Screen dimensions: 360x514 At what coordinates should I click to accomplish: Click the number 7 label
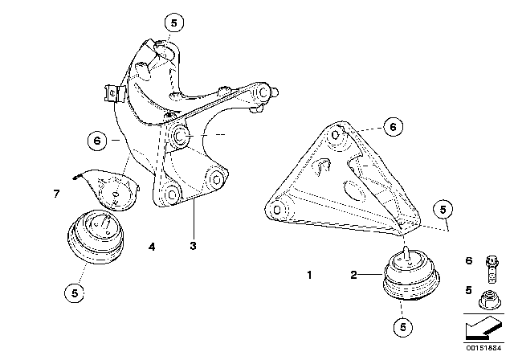click(x=55, y=194)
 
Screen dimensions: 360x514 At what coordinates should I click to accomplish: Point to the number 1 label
click(x=310, y=275)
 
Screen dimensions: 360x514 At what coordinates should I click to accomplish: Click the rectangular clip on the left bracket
click(x=112, y=95)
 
